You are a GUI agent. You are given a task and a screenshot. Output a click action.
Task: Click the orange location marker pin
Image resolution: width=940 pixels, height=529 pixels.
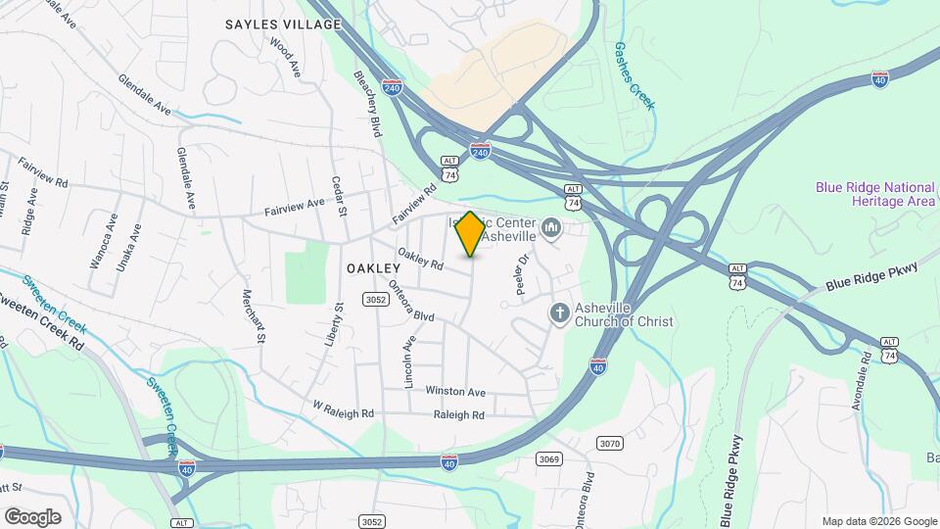(x=470, y=233)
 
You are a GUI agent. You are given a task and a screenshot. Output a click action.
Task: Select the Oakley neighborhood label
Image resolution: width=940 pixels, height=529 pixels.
(x=373, y=268)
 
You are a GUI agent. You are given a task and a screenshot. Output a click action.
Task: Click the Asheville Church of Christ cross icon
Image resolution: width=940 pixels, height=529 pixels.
(x=559, y=313)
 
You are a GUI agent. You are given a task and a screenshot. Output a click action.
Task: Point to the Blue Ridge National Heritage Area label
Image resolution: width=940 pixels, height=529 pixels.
(x=874, y=194)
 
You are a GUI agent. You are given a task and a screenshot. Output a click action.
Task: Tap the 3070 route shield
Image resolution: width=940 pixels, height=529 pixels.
(x=609, y=444)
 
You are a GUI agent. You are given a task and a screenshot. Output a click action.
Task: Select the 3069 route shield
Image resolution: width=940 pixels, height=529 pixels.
(x=550, y=458)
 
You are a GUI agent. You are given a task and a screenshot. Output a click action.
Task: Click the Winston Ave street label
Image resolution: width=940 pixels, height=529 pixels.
(x=455, y=392)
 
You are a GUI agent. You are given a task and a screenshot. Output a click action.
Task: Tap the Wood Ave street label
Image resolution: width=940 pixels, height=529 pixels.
(x=283, y=57)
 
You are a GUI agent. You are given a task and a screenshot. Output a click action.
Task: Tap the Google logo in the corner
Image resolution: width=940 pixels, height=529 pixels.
(x=32, y=516)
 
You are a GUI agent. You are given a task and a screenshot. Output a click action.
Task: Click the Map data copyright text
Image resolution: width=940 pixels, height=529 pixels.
(x=878, y=521)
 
